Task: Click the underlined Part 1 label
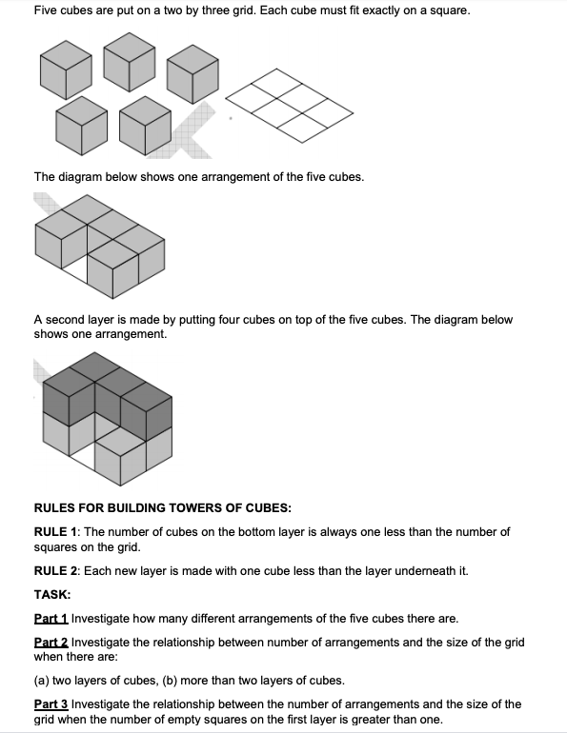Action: [51, 619]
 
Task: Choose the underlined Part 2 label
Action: [51, 643]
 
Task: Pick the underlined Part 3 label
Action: [51, 704]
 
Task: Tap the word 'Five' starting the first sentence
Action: [46, 10]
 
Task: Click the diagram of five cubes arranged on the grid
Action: [99, 245]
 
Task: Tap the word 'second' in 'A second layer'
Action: [66, 320]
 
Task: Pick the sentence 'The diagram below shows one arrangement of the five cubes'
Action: [198, 176]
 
